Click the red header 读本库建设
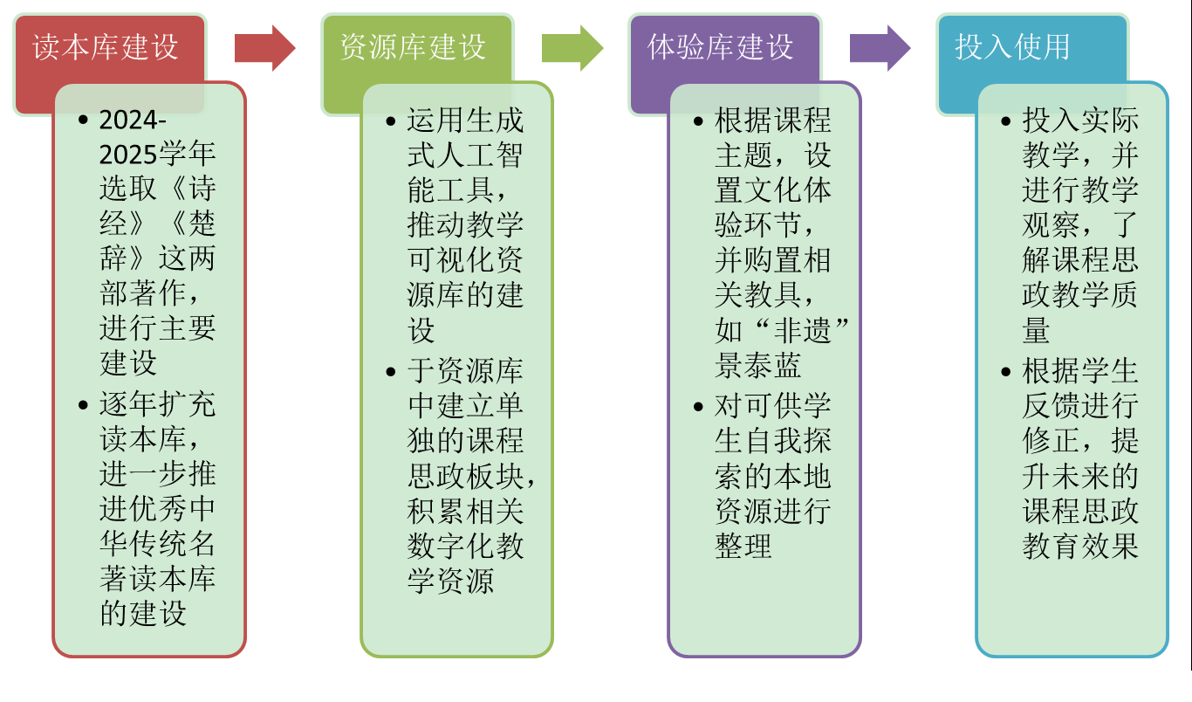[106, 47]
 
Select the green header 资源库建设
[413, 47]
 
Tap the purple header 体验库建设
[721, 47]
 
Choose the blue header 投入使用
[1012, 47]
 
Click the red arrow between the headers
[264, 48]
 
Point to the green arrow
[572, 48]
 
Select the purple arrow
[880, 48]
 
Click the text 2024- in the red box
[133, 120]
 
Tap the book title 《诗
[187, 189]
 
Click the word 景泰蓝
[757, 365]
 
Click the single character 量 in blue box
[1036, 331]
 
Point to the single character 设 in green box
[421, 331]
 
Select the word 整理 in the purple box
[743, 546]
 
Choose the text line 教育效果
[1080, 546]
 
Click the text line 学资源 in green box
[450, 581]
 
